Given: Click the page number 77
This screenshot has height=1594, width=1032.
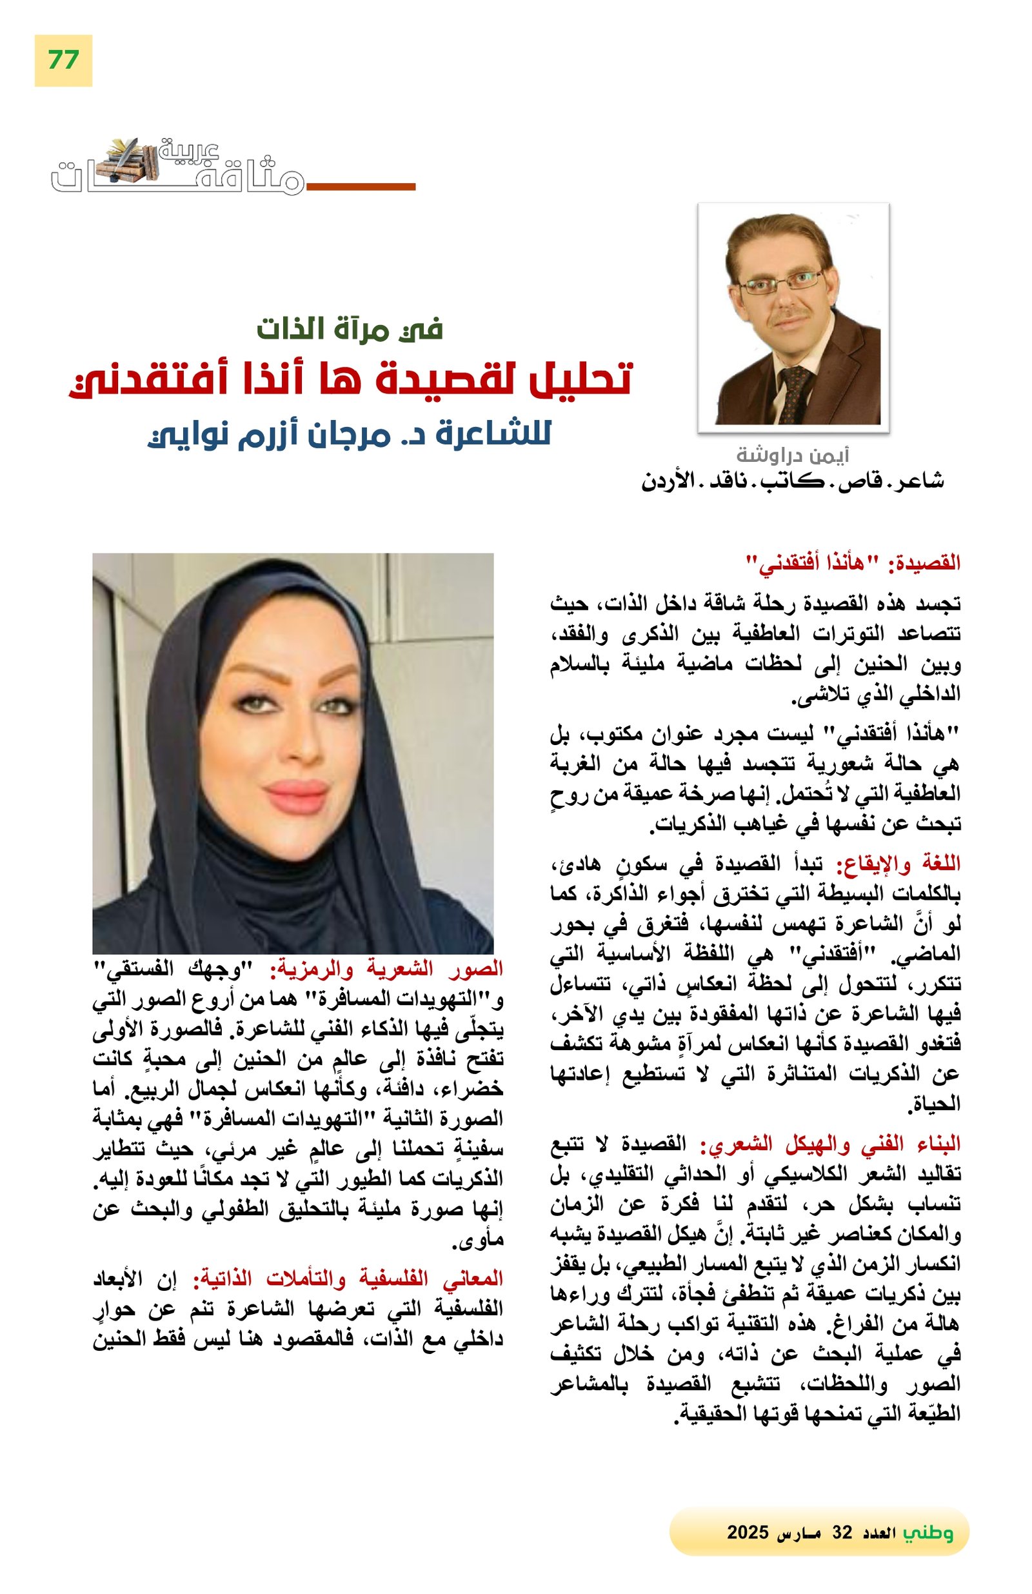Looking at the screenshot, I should tap(63, 60).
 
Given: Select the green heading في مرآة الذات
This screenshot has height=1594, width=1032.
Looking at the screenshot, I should tap(349, 329).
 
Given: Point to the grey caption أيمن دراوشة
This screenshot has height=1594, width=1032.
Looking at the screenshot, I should tap(792, 455).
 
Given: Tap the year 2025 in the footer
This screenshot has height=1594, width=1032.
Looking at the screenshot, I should tap(748, 1532).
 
